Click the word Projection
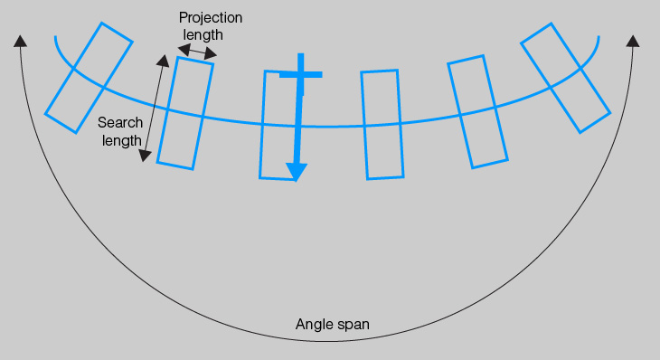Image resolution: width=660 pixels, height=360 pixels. point(211,18)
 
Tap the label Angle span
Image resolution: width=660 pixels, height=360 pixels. point(333,324)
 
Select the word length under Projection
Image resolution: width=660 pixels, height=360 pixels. point(203,35)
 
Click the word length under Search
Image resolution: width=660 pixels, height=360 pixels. point(121,140)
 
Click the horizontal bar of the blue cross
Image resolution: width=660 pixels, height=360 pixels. point(300,74)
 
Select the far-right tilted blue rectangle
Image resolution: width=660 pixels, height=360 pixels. point(565,78)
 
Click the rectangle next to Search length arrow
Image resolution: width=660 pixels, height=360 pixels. point(185,113)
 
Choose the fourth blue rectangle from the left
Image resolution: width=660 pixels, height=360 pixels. point(381,124)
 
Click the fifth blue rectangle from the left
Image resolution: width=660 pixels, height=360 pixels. point(477,112)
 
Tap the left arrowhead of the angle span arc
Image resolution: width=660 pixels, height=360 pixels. point(20,40)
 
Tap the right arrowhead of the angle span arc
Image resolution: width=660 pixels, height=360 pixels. point(633,41)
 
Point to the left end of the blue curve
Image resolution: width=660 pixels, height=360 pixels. point(56,38)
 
